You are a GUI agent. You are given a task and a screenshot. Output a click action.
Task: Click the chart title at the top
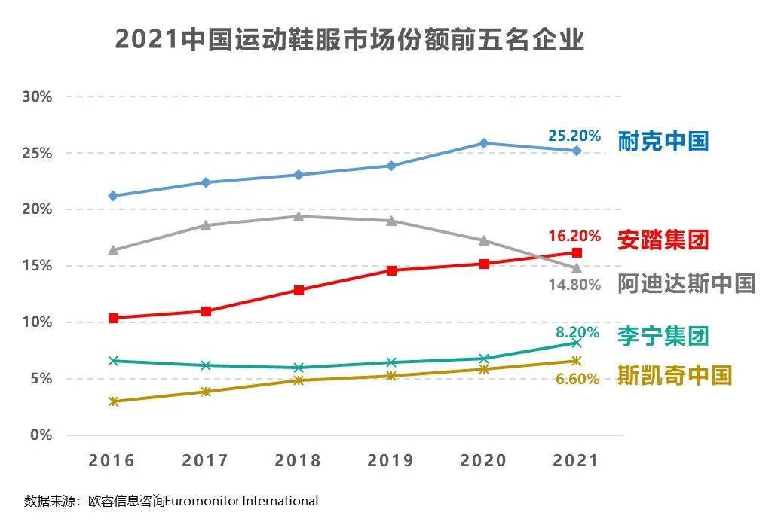(350, 40)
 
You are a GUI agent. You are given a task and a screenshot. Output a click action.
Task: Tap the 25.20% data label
(574, 136)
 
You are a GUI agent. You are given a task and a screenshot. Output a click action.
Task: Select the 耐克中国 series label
(663, 141)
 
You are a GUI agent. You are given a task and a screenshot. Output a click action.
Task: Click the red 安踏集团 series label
(663, 240)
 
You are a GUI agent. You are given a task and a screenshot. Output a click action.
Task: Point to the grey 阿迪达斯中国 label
(686, 283)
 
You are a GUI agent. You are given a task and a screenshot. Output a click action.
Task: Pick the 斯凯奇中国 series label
(675, 374)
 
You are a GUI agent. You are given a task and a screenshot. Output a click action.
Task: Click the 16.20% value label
(574, 237)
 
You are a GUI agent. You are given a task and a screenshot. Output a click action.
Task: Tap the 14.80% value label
(574, 285)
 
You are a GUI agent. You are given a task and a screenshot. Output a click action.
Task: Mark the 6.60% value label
(577, 380)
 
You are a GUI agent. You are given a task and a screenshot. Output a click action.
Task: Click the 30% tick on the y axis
(37, 96)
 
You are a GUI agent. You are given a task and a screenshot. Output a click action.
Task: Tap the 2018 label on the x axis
(298, 461)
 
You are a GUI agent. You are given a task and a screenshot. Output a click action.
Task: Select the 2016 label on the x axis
(112, 461)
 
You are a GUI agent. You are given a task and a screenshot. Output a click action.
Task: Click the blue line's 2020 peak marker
(484, 143)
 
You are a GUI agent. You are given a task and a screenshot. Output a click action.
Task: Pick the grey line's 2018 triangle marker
(299, 216)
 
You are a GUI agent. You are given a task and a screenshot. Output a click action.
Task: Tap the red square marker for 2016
(113, 319)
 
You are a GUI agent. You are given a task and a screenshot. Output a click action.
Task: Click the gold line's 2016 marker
(113, 401)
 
